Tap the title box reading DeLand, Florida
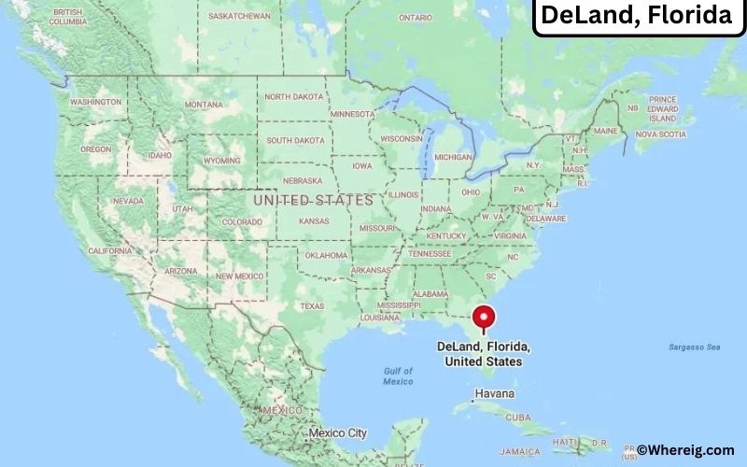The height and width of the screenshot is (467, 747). tap(638, 16)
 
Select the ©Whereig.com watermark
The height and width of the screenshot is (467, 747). tap(690, 450)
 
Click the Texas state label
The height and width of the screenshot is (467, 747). tap(312, 305)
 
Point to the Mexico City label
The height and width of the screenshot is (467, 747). tap(337, 432)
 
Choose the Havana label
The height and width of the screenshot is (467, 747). tap(494, 394)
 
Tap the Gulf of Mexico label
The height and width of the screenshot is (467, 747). tap(398, 376)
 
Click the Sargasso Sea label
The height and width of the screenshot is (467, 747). tap(694, 347)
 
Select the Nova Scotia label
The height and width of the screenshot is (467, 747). tap(660, 134)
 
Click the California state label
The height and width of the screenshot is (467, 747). tap(109, 250)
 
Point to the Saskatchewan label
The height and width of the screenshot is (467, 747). tap(238, 16)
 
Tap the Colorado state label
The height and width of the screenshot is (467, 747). tap(241, 221)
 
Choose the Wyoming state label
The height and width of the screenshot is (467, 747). tap(221, 160)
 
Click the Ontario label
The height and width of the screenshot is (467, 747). tap(416, 17)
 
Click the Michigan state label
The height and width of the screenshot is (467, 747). tap(454, 157)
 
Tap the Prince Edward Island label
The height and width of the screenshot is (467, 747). tap(662, 108)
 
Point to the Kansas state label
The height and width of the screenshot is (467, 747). tap(314, 221)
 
